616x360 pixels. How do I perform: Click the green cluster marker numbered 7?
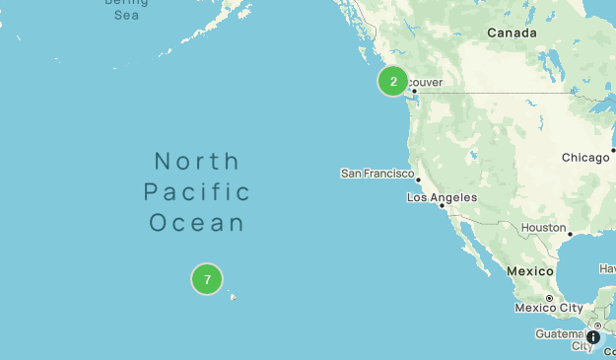coord(207,280)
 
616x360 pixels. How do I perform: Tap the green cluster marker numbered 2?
coord(393,82)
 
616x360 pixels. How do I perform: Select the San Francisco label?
coord(376,174)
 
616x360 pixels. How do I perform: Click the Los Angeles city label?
coord(442,198)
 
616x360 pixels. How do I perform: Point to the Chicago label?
coord(585,158)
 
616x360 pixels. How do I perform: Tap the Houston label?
coord(543,228)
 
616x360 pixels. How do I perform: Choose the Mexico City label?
coord(549,308)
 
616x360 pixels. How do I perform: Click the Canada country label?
coord(512,34)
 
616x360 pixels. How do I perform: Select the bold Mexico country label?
coord(530,271)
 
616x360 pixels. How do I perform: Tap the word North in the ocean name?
coord(197,161)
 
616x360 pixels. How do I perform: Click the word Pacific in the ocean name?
coord(197,191)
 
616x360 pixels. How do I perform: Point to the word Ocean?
coord(197,223)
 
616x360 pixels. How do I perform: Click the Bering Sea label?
coord(126,9)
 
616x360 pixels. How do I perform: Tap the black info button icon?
coord(592,337)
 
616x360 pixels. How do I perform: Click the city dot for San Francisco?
coord(419,180)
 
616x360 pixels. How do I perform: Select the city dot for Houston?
coord(570,235)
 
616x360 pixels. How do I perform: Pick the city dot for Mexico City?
coord(549,298)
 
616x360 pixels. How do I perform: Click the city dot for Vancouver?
coord(415,92)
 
